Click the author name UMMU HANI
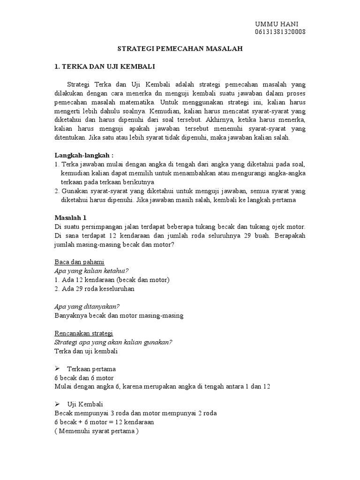click(276, 24)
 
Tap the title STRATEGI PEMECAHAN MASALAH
click(180, 49)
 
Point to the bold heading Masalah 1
click(71, 218)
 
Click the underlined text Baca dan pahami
click(79, 262)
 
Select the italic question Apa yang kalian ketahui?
click(91, 270)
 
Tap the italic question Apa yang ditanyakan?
click(87, 306)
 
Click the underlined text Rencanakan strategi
click(84, 333)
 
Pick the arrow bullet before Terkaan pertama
click(58, 369)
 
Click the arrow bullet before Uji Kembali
click(58, 405)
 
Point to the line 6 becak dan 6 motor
click(84, 378)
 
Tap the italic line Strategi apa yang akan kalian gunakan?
click(113, 342)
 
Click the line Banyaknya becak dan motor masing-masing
click(119, 315)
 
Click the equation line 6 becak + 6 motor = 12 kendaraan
click(105, 422)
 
